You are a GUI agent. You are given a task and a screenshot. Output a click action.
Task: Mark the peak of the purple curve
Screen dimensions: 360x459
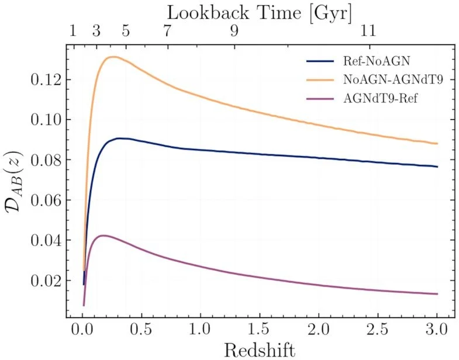point(103,236)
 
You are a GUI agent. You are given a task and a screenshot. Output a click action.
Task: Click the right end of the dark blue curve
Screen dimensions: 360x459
point(437,167)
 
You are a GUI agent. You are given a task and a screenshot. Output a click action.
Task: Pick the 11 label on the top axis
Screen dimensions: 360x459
point(369,32)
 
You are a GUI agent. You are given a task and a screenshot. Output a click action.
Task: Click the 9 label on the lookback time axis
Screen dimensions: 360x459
point(234,32)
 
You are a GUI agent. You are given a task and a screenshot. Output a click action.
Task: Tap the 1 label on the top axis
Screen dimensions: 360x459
point(73,32)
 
